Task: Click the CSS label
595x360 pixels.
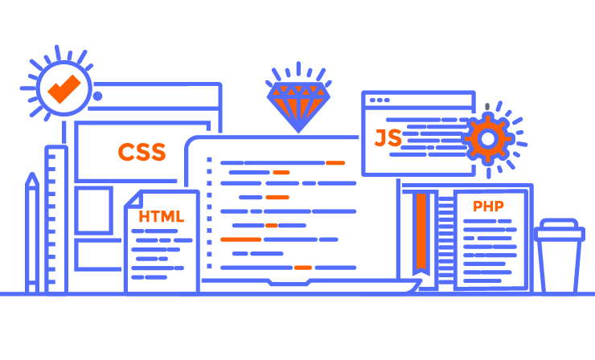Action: (142, 152)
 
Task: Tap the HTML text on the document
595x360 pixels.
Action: (161, 217)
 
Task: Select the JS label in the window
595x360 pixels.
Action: (388, 138)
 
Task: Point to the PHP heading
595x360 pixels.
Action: (488, 207)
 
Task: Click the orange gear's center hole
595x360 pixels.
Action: (487, 139)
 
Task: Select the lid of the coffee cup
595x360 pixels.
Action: (560, 231)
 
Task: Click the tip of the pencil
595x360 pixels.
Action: (32, 178)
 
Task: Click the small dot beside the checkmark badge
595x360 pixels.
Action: (98, 96)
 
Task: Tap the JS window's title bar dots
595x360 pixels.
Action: (378, 100)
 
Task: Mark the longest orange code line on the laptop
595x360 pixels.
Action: (240, 239)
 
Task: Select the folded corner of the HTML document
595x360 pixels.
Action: (131, 200)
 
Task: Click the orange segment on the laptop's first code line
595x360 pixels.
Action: (335, 163)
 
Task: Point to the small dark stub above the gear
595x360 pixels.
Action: (487, 106)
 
